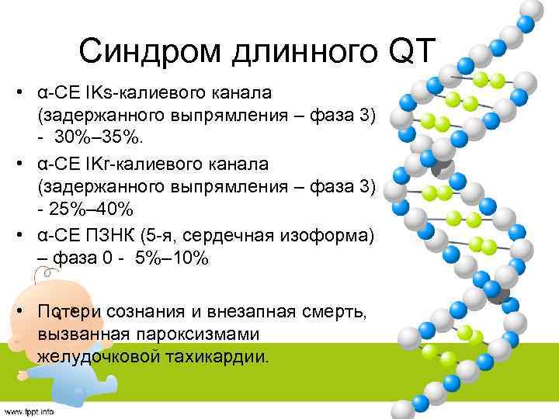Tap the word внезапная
click(x=234, y=311)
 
